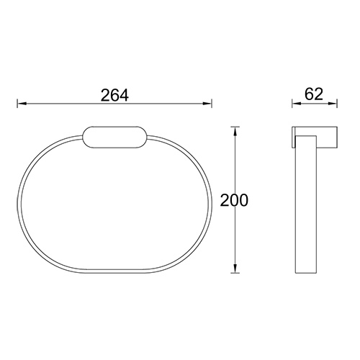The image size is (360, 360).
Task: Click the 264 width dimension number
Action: (114, 94)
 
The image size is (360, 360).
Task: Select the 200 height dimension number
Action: (233, 201)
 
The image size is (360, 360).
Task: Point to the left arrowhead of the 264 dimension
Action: (21, 105)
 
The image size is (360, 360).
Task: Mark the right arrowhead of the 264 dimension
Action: (208, 105)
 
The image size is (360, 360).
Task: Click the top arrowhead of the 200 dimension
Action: (233, 131)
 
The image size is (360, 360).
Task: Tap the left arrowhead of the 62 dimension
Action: (294, 105)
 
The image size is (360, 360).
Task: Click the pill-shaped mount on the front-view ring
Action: (115, 138)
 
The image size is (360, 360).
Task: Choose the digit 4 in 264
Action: (126, 94)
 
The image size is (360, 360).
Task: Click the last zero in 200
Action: (243, 201)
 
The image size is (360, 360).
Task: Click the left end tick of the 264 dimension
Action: (17, 105)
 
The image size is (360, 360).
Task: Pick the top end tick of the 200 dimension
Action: (233, 126)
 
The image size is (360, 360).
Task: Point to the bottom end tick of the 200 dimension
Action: (233, 274)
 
